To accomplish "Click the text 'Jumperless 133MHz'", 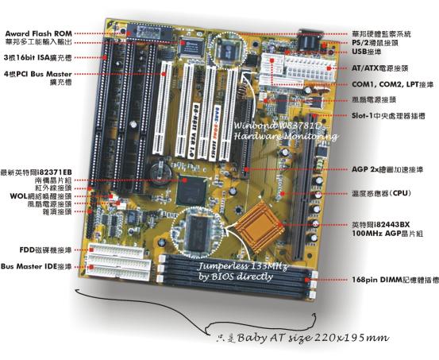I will coord(238,266).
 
